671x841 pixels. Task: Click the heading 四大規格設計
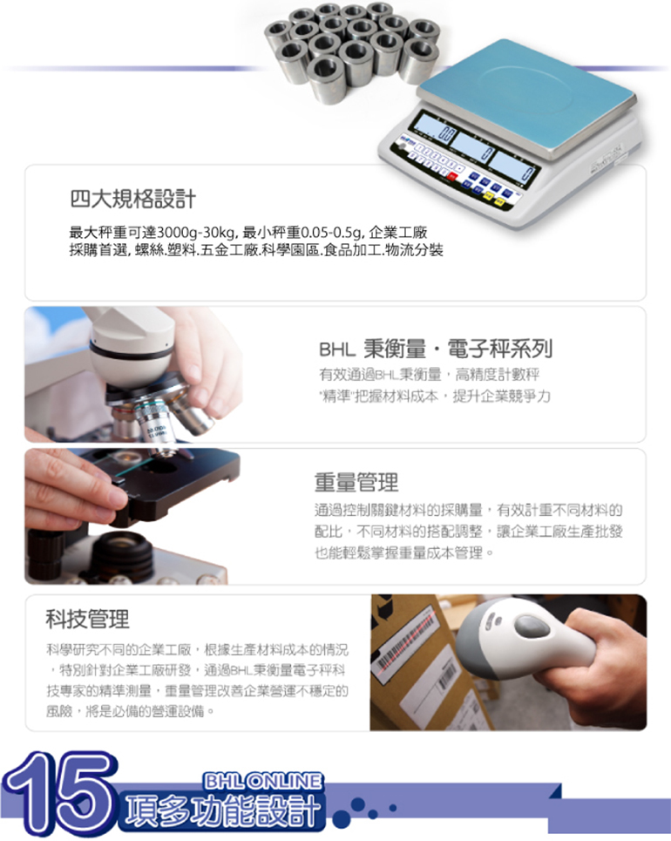(x=132, y=200)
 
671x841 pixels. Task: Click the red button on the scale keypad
(x=452, y=176)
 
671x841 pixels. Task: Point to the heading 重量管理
(x=356, y=482)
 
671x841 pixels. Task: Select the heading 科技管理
(x=87, y=619)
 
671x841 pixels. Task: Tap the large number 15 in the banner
(x=58, y=794)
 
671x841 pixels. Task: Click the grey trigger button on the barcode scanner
(x=531, y=626)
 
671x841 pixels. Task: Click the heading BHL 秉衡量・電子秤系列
(x=436, y=349)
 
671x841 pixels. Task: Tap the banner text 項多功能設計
(x=221, y=810)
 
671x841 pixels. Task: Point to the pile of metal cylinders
(x=352, y=50)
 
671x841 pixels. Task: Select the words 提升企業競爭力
(x=501, y=397)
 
